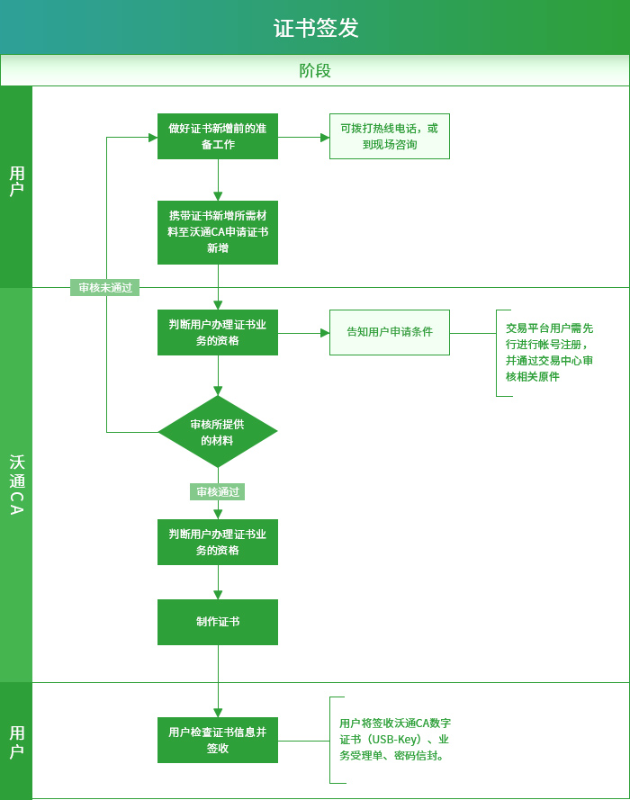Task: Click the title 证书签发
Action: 316,28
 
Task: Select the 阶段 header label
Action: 315,70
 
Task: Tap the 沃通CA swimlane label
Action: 16,484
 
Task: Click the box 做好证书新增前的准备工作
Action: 218,136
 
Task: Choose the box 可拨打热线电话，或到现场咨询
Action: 389,136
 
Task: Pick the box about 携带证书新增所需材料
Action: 218,232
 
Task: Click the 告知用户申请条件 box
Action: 389,332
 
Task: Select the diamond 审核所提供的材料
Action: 218,432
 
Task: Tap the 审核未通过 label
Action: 105,288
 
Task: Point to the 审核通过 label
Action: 218,492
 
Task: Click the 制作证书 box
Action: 218,622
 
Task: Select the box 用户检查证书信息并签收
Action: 218,741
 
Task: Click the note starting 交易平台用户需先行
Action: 549,353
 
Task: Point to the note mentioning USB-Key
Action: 394,740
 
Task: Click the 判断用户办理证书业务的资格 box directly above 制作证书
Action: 218,542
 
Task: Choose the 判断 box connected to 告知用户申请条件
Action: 218,332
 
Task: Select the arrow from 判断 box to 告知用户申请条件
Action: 304,333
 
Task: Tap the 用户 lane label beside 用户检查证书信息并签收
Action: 16,741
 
